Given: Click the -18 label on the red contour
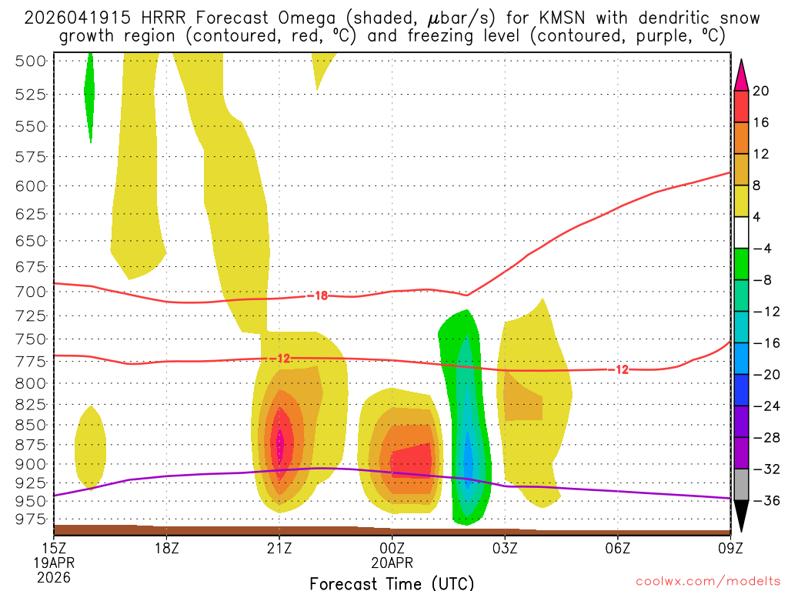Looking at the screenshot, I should coord(322,295).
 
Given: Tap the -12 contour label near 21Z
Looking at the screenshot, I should coord(283,359).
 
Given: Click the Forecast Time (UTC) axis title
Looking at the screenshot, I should coord(392,583).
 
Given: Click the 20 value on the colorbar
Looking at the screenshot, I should coord(761,91).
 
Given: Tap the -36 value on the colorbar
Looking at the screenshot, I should coord(761,501).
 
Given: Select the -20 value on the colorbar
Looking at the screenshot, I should coord(761,375).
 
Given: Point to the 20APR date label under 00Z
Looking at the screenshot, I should coord(392,563).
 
